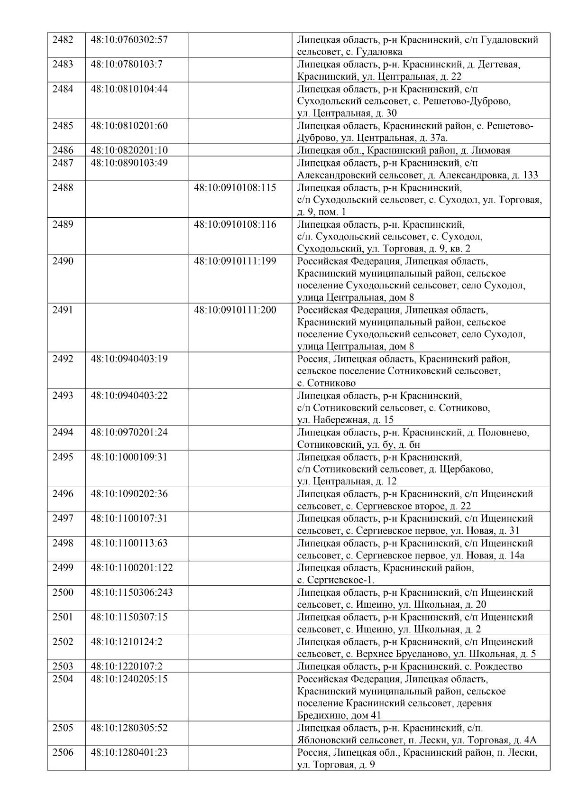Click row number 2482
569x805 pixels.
[63, 40]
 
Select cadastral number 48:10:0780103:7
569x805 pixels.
[127, 64]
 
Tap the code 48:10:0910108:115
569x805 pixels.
[235, 187]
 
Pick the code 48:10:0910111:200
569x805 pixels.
[235, 310]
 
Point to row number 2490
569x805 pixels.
[63, 261]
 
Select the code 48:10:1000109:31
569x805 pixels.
[129, 457]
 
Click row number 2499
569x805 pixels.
[63, 568]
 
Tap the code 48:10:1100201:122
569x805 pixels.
[132, 568]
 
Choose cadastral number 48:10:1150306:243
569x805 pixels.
[132, 592]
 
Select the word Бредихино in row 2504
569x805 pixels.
[319, 715]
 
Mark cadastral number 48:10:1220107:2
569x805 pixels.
[127, 666]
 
